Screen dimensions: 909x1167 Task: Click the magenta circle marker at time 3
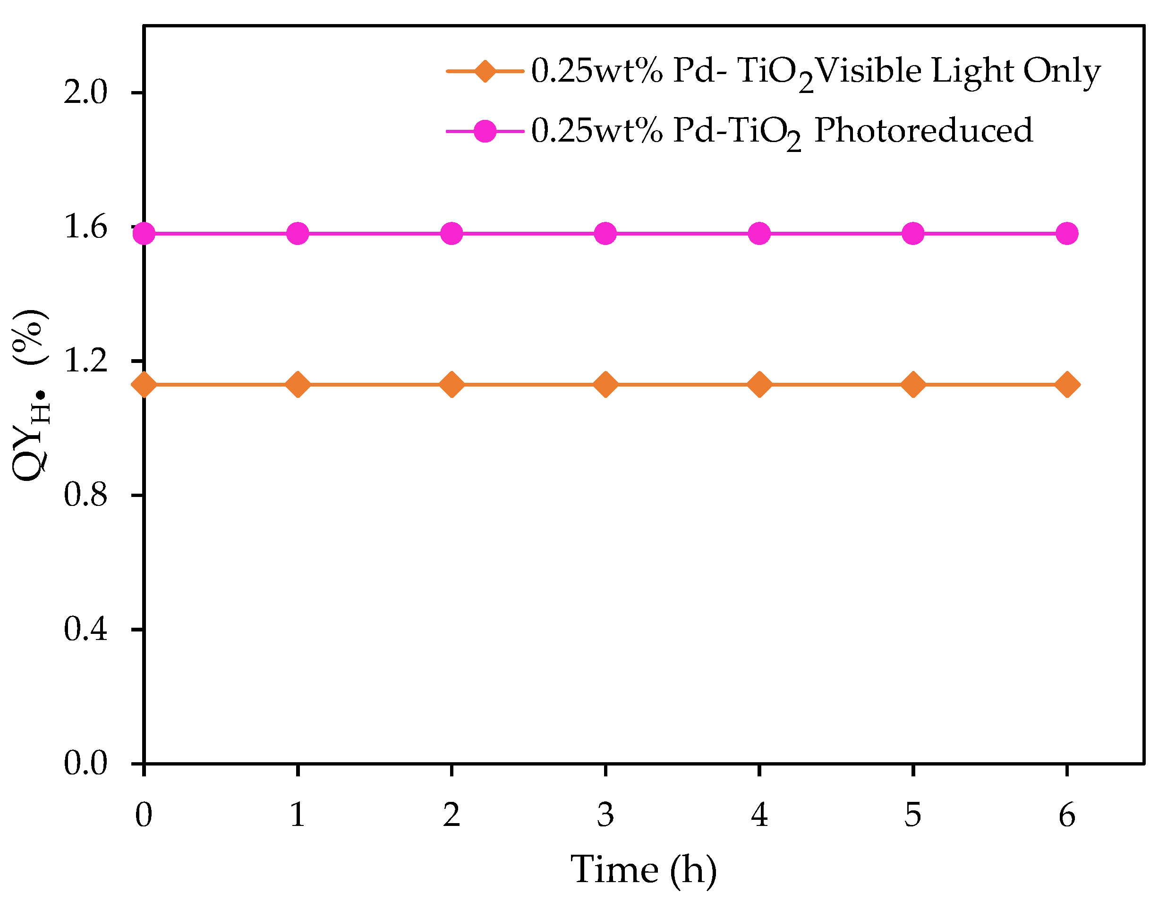(605, 234)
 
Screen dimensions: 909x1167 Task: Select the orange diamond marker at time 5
(913, 385)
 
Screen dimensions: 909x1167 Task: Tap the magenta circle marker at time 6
(1067, 234)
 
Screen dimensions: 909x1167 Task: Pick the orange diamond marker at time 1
(298, 385)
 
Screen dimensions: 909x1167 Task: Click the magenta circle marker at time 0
(144, 234)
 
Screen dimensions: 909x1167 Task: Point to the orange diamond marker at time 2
(451, 385)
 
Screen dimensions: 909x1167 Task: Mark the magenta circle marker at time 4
(759, 234)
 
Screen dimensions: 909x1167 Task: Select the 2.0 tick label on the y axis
(85, 93)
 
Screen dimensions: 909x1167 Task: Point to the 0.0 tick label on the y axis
(85, 763)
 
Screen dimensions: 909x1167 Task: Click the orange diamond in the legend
(485, 71)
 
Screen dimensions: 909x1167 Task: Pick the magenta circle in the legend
(485, 131)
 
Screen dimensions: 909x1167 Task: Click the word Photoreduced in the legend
(923, 131)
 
